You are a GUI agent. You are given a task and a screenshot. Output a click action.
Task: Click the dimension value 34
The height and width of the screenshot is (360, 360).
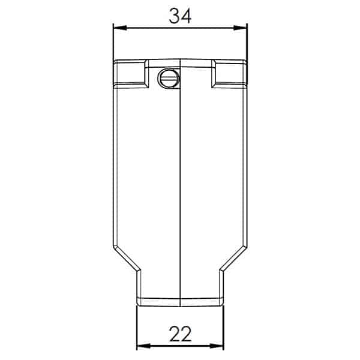[179, 16]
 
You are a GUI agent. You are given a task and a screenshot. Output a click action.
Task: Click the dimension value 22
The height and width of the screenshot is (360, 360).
[180, 334]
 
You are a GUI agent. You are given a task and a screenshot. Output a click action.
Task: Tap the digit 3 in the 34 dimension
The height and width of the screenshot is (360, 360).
[173, 16]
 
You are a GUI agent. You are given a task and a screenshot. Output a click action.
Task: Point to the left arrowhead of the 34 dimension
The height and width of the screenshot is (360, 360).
[118, 27]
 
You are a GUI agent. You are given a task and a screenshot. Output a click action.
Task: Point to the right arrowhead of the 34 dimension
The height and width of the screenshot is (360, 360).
[242, 27]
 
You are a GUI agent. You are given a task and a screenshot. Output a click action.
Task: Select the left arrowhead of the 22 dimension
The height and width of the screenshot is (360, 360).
[141, 346]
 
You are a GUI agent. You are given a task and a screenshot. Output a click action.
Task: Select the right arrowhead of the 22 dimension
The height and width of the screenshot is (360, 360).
[219, 346]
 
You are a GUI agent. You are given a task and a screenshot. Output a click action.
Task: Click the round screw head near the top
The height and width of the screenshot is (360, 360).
[167, 78]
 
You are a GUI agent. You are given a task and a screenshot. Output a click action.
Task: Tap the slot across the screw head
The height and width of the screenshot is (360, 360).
[167, 78]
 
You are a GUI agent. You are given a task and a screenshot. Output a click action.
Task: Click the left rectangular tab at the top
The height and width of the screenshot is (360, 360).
[131, 74]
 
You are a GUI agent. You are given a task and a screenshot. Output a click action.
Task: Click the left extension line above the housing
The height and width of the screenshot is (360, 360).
[113, 42]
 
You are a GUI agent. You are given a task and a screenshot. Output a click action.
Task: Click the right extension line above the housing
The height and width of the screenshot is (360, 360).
[247, 42]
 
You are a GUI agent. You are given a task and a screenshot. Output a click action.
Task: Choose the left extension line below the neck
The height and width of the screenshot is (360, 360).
[137, 327]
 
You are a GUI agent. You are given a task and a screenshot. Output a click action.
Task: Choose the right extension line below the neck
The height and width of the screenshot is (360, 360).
[223, 327]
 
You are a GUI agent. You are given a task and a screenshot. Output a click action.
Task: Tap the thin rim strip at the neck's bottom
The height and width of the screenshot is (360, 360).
[180, 300]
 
